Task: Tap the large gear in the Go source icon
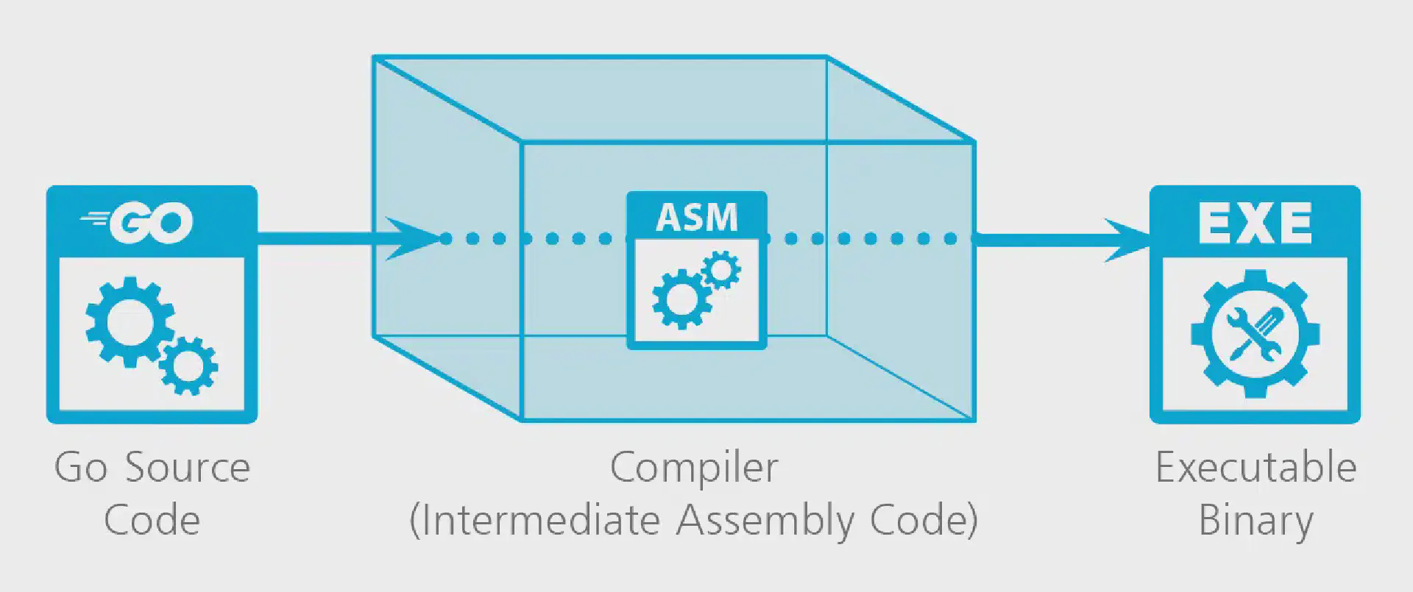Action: point(130,321)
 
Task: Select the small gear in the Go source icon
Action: point(188,365)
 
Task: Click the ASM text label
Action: point(696,218)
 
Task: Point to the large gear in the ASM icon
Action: point(680,298)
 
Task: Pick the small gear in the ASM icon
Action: point(721,270)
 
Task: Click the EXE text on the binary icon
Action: point(1255,223)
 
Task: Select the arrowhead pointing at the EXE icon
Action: point(1130,240)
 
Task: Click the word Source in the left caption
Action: point(188,468)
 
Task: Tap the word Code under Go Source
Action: point(152,521)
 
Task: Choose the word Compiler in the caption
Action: point(694,468)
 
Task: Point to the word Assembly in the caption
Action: point(765,521)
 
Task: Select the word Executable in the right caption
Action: point(1256,468)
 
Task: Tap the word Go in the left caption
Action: point(80,468)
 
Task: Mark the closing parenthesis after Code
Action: point(972,521)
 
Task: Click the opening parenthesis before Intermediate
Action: point(414,521)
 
